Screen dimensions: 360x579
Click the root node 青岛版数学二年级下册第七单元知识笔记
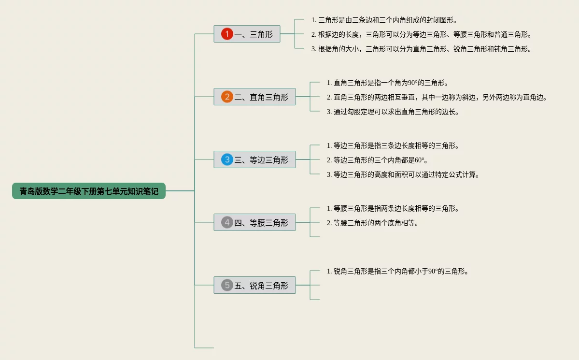pyautogui.click(x=89, y=191)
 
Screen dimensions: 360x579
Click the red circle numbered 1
pyautogui.click(x=227, y=34)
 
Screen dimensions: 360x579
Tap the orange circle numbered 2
pyautogui.click(x=227, y=97)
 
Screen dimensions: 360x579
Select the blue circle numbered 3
pyautogui.click(x=227, y=159)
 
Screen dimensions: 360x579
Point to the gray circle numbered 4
pyautogui.click(x=227, y=222)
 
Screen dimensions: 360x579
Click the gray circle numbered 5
pyautogui.click(x=227, y=285)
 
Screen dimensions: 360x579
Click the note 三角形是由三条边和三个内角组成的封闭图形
pyautogui.click(x=384, y=20)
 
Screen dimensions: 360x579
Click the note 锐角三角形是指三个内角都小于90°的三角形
pyautogui.click(x=398, y=271)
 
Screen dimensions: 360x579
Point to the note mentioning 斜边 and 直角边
pyautogui.click(x=437, y=97)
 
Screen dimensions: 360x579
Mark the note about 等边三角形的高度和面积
pyautogui.click(x=403, y=174)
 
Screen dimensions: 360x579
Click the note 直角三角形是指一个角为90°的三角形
pyautogui.click(x=384, y=83)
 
